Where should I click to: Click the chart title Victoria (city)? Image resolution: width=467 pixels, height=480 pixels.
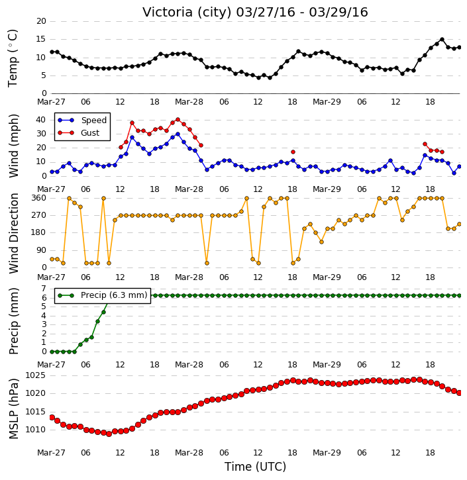[187, 13]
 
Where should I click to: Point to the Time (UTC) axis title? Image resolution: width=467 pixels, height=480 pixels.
[255, 467]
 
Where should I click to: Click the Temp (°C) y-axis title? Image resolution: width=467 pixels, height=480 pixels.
[13, 58]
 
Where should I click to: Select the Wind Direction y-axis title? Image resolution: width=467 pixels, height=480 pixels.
[14, 233]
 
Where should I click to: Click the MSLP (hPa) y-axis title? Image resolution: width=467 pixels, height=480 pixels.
[14, 408]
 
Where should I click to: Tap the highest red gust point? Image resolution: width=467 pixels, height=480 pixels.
[178, 120]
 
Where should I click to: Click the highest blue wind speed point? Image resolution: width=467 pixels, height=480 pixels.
[178, 134]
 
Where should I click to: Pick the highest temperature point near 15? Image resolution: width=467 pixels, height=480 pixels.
[442, 40]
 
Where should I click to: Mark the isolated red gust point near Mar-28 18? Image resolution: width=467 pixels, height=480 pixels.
[293, 152]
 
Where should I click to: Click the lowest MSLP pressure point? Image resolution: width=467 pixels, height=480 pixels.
[109, 434]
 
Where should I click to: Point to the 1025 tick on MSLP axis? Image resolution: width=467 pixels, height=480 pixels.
[36, 375]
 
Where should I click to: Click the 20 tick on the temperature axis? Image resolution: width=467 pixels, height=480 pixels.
[41, 21]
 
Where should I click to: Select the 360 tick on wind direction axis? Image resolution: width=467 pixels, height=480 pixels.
[39, 198]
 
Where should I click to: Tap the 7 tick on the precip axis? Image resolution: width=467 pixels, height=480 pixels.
[44, 289]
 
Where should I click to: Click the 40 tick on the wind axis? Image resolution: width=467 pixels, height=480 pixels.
[41, 120]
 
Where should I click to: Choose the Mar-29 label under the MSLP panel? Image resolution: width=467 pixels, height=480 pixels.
[327, 452]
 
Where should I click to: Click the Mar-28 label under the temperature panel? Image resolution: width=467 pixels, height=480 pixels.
[189, 102]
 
